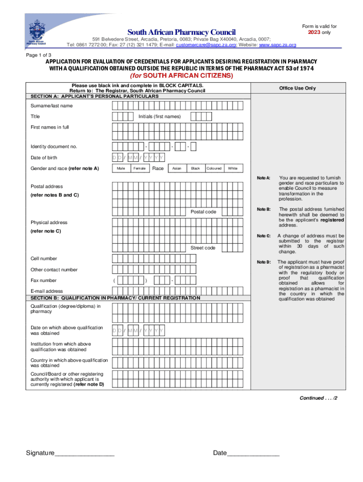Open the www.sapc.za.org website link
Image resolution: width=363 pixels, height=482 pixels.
[278, 45]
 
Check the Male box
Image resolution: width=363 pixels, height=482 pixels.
[121, 169]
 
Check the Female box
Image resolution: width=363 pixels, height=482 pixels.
[139, 169]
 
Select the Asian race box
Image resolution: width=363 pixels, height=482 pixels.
[177, 169]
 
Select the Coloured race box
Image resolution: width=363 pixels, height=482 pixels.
[214, 169]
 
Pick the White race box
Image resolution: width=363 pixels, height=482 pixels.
[232, 169]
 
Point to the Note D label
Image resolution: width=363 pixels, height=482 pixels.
[264, 262]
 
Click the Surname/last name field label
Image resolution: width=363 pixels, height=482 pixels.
[52, 105]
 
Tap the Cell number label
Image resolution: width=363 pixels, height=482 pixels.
[44, 258]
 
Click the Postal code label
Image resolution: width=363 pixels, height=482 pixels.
[203, 212]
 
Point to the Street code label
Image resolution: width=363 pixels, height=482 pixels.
[203, 248]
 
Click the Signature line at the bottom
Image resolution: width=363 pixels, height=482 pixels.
[70, 453]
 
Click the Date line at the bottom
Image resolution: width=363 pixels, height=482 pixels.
[246, 453]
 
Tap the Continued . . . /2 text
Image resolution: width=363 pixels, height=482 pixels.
[319, 398]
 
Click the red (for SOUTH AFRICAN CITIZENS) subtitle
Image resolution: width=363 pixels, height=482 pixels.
[181, 76]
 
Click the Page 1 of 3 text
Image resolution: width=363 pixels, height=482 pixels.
[39, 55]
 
